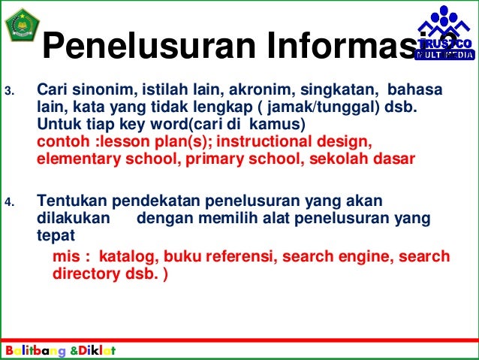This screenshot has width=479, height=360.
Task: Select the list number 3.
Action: tap(10, 92)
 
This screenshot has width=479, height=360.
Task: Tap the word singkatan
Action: tap(324, 90)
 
